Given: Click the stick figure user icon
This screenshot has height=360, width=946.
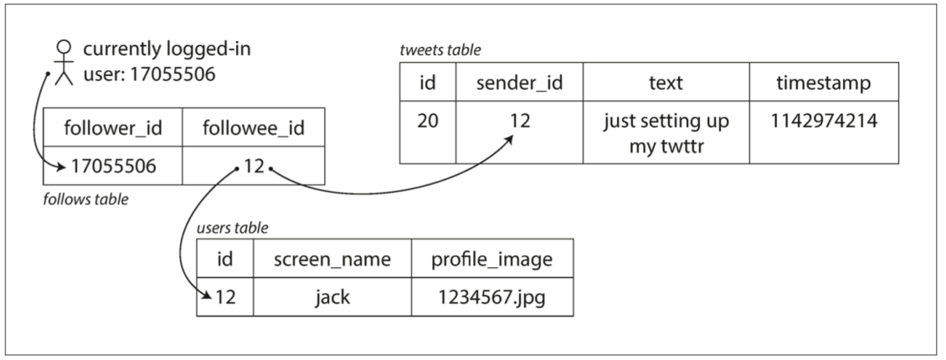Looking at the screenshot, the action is pos(64,63).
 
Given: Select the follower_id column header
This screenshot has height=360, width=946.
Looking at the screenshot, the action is pos(113,127).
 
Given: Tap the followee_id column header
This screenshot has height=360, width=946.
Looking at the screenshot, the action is pos(254,127).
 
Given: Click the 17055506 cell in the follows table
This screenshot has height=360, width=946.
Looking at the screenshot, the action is pos(113,165).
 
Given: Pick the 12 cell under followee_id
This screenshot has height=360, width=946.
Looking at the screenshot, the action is pos(254,165).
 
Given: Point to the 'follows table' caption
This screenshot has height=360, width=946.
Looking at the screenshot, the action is pos(85,199).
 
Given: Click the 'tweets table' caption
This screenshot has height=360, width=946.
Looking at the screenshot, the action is pos(440,50).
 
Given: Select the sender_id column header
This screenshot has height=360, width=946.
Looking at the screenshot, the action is pos(519,82).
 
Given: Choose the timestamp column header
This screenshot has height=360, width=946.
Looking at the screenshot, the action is pos(824,82).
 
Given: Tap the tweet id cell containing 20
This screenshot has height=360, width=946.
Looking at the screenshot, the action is pos(428,132).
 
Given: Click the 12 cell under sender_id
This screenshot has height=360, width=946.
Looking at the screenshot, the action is pos(519,132).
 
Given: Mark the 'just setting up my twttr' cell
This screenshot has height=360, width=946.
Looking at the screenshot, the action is pos(666,132).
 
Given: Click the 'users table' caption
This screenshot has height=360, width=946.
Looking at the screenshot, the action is pos(232,228).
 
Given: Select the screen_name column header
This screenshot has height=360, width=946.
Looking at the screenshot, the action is pos(332,259).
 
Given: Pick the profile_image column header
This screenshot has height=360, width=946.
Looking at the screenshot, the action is pos(491,259).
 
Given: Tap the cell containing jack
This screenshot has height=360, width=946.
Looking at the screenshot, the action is pos(332,296).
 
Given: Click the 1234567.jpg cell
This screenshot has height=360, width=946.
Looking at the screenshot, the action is pos(491,296).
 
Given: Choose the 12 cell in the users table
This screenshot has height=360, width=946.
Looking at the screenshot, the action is pos(225,296).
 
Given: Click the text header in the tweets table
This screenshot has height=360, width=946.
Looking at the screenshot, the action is pos(666,82).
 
